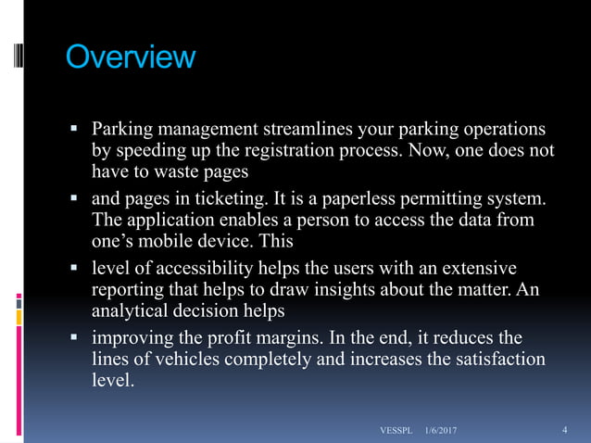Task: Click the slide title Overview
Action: (x=130, y=57)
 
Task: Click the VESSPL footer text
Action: (x=396, y=431)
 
